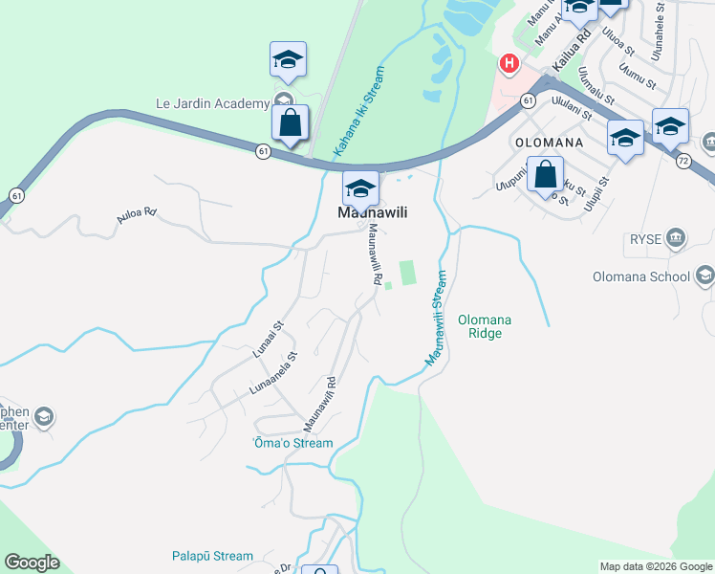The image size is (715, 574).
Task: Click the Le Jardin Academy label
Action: tap(213, 102)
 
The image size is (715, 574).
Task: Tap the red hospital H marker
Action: tap(509, 64)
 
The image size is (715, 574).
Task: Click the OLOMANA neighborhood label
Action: tap(549, 142)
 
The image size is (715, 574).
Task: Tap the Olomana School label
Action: tap(649, 277)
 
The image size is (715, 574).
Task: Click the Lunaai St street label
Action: tap(270, 340)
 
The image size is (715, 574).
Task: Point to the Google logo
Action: tap(32, 563)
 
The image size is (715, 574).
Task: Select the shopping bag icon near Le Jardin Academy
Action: tap(291, 123)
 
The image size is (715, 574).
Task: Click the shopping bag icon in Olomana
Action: tap(545, 175)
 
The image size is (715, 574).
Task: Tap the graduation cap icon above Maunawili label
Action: tap(360, 188)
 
